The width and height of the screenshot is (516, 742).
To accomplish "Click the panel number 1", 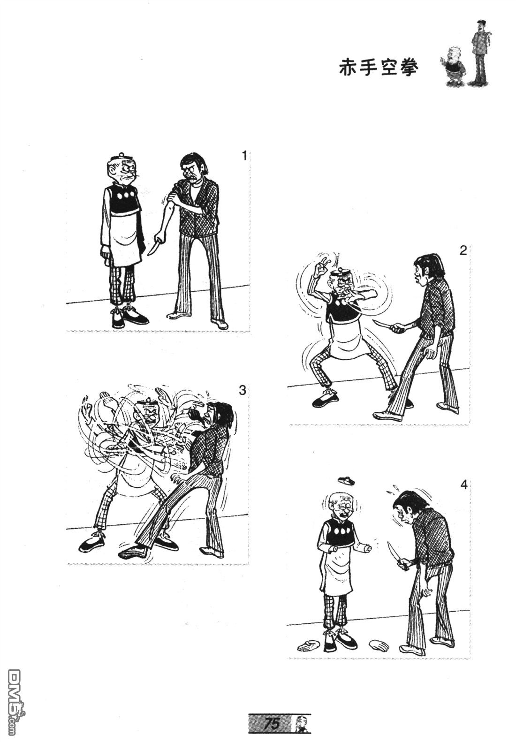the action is [245, 155].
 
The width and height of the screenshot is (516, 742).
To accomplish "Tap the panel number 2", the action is [463, 250].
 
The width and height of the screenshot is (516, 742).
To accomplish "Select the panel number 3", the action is [243, 391].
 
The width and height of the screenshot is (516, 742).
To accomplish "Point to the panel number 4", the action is [463, 485].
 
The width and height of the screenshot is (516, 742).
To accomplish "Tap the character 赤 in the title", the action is [348, 68].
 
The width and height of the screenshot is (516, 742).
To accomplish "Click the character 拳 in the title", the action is [410, 68].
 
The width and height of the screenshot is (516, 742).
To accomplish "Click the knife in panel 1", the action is [153, 246].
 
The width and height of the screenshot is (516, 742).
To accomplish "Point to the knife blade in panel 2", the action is [381, 323].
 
